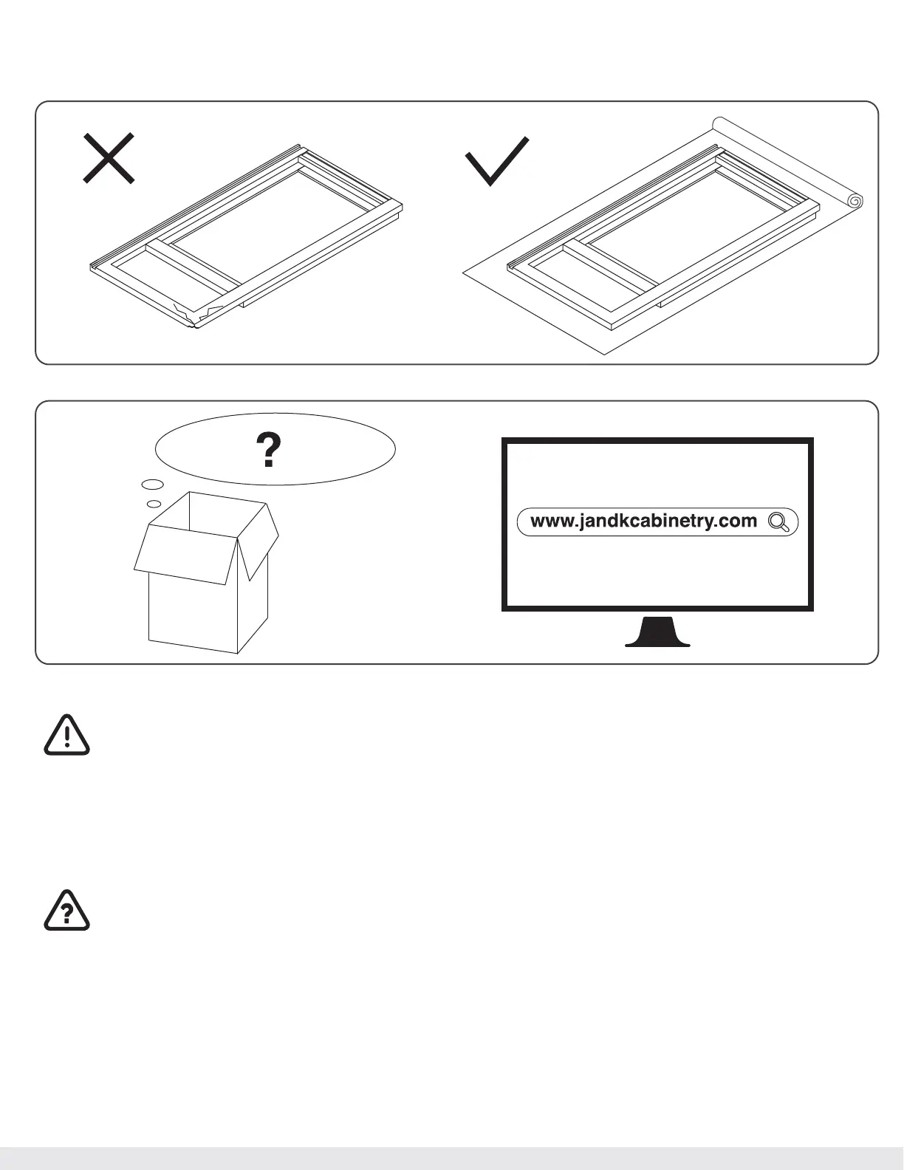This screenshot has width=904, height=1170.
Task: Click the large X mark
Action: coord(108,158)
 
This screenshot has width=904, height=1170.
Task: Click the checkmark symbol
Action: coord(496,162)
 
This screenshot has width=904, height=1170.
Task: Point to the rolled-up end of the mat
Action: coord(855,200)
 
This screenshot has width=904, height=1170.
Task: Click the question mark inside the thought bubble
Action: coord(269,450)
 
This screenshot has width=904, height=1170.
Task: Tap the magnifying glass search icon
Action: coord(780,522)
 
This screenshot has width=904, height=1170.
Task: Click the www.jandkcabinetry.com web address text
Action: coord(643,521)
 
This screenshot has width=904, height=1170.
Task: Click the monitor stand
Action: coord(657,633)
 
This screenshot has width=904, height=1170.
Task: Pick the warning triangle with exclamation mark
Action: coord(66,735)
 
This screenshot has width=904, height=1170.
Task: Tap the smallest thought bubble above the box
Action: coord(154,504)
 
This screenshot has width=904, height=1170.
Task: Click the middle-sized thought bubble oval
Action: coord(152,485)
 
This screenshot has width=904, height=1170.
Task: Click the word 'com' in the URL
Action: coord(739,521)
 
